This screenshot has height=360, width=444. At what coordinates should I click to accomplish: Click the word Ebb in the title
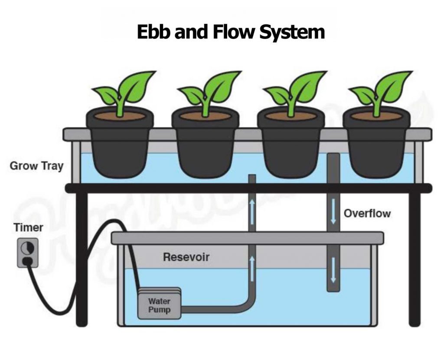click(x=154, y=32)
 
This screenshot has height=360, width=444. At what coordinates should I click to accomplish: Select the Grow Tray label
click(x=36, y=166)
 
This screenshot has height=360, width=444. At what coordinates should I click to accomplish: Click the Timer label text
click(x=28, y=227)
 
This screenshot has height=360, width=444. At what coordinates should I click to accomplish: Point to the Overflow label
click(x=367, y=214)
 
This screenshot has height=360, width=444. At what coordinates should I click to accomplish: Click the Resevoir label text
click(x=186, y=257)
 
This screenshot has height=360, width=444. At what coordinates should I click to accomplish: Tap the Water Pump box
click(x=160, y=305)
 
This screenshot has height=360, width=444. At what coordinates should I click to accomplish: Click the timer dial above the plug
click(x=27, y=248)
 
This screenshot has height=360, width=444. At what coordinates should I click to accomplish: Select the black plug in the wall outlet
click(x=27, y=261)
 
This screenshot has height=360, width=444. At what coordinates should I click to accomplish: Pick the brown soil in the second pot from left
click(x=205, y=116)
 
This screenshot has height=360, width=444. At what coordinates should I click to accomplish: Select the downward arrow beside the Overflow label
click(x=333, y=211)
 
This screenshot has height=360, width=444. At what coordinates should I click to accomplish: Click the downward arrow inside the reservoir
click(x=333, y=270)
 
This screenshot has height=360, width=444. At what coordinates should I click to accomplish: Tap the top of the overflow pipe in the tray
click(x=333, y=155)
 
